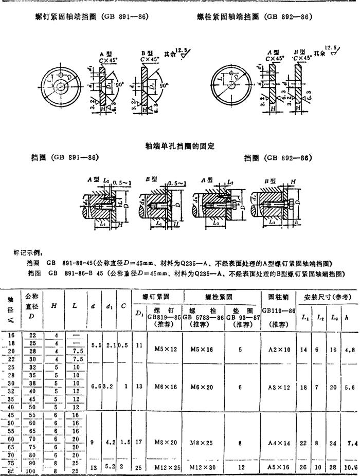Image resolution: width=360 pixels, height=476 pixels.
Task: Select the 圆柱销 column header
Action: pyautogui.click(x=279, y=297)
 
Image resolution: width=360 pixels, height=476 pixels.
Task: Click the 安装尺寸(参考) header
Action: pyautogui.click(x=328, y=297)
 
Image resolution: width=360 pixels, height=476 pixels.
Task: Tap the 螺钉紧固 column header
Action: pyautogui.click(x=157, y=297)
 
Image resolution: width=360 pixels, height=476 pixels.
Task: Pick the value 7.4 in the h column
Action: pyautogui.click(x=351, y=443)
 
